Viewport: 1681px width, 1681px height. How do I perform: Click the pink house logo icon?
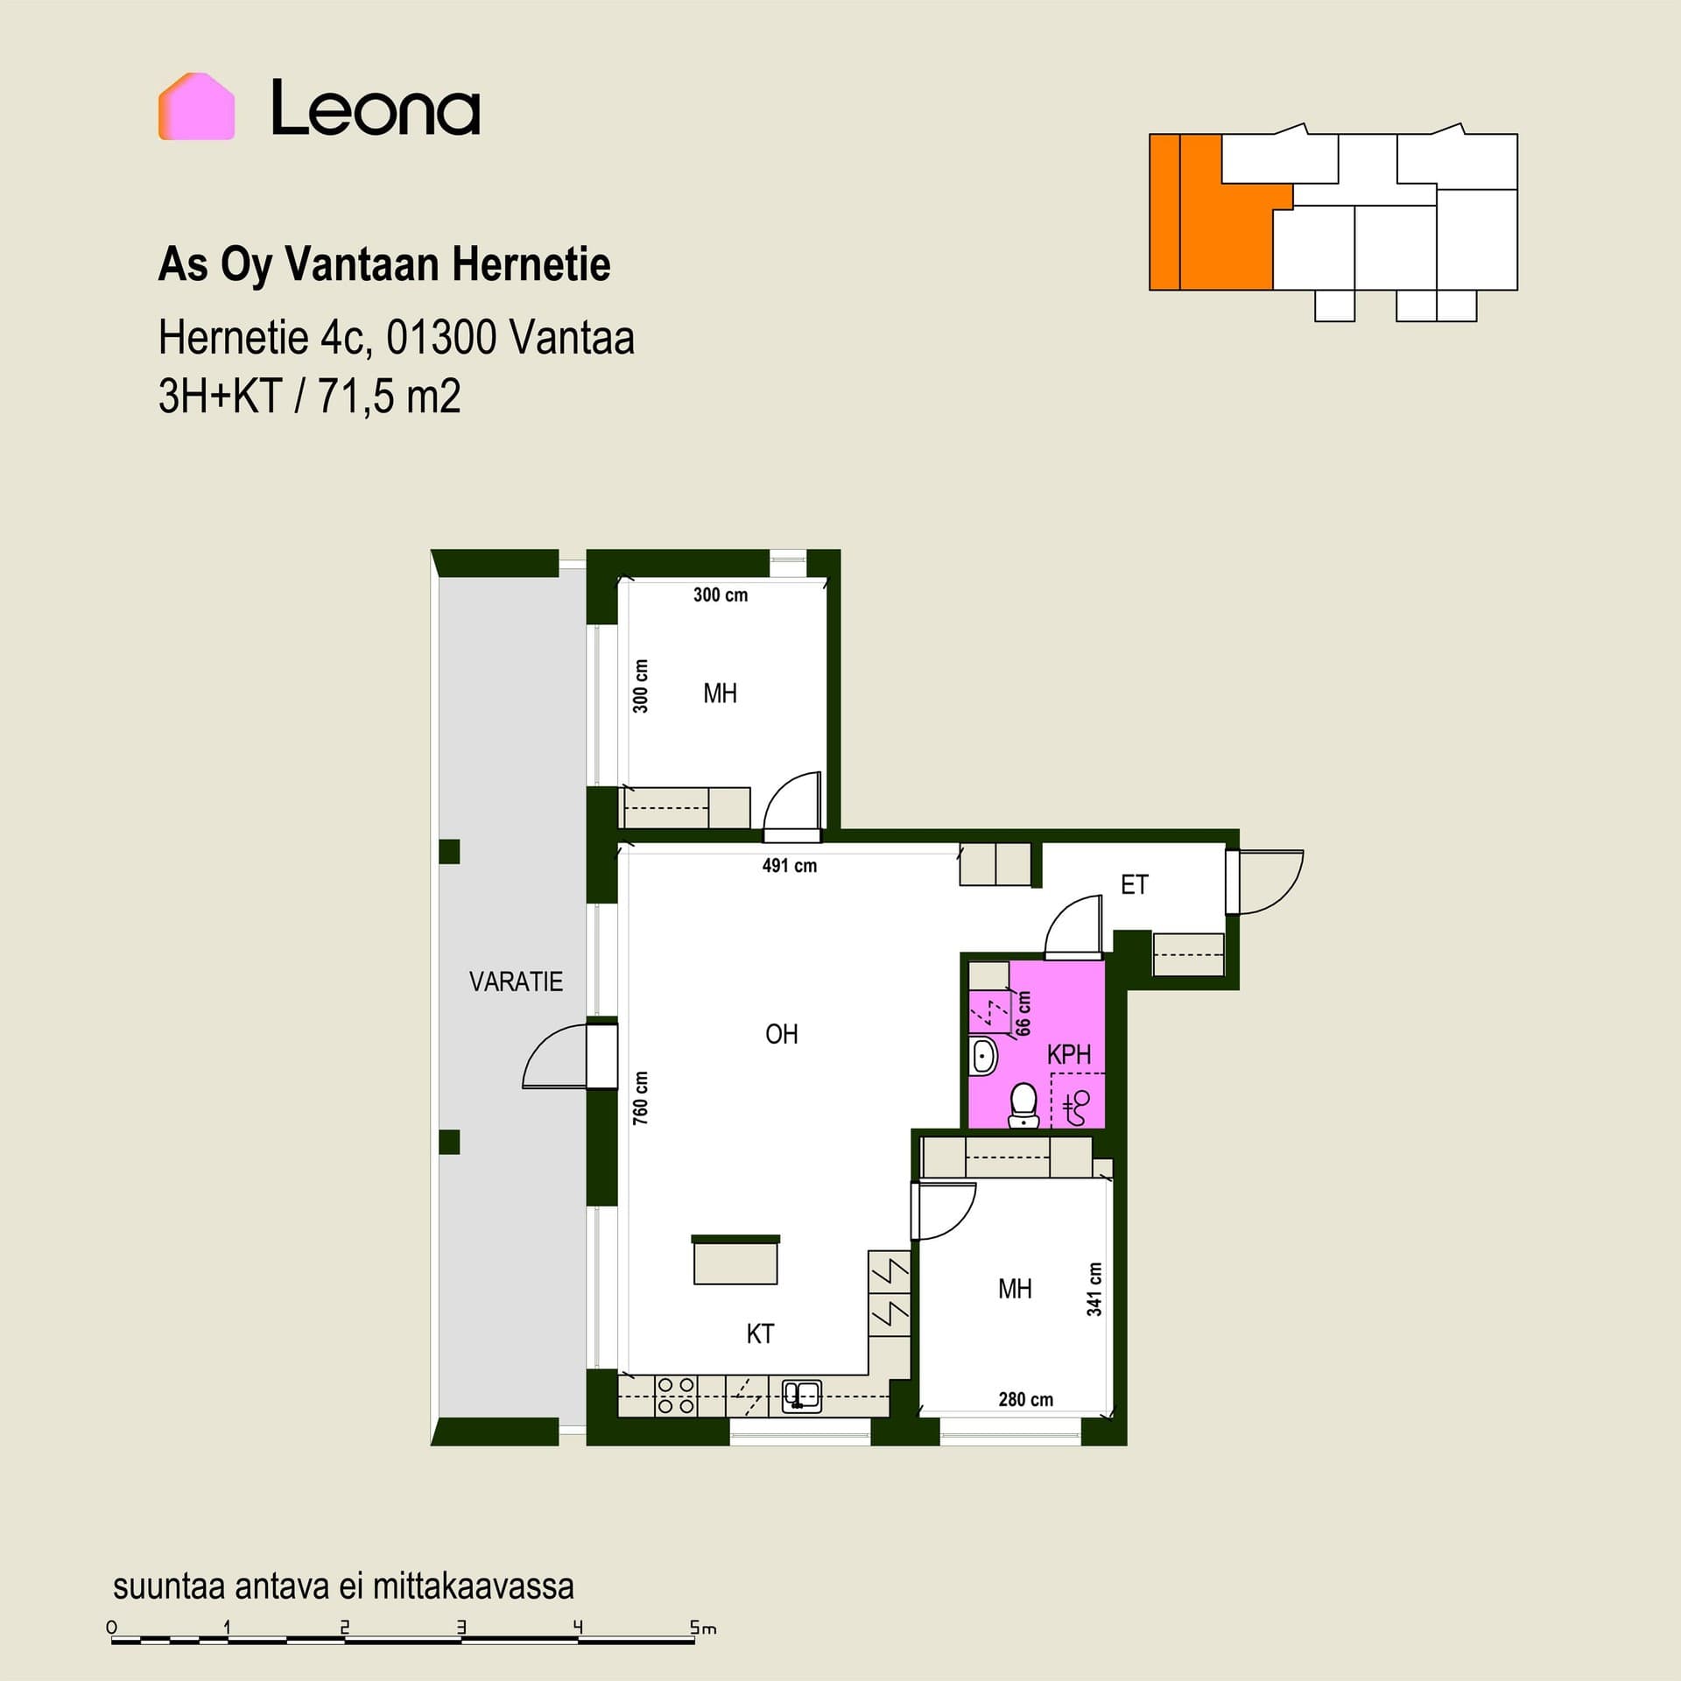(x=196, y=107)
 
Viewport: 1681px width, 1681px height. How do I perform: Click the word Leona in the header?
(x=376, y=108)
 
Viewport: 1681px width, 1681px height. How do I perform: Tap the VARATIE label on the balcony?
(x=516, y=981)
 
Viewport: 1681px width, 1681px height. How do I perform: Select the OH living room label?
(x=781, y=1034)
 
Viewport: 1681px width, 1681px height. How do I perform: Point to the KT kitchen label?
(x=760, y=1333)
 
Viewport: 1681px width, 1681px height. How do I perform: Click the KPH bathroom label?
(x=1069, y=1054)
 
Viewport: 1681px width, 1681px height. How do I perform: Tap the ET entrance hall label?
(x=1134, y=884)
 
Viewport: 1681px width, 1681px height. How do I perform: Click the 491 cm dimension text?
(x=789, y=866)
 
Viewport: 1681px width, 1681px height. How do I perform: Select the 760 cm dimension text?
(x=641, y=1098)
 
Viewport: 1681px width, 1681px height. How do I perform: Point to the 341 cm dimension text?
(x=1094, y=1289)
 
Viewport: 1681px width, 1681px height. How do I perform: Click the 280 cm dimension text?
(x=1025, y=1399)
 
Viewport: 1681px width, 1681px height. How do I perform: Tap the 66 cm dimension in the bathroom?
(x=1023, y=1013)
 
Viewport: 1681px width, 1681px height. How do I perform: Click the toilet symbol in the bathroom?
(x=1023, y=1106)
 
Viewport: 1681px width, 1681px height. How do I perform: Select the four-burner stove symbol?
(x=675, y=1396)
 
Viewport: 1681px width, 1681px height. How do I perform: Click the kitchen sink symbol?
(x=801, y=1395)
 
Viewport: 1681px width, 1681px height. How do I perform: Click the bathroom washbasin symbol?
(x=983, y=1057)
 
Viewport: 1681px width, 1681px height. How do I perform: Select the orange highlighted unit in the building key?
(x=1211, y=212)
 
